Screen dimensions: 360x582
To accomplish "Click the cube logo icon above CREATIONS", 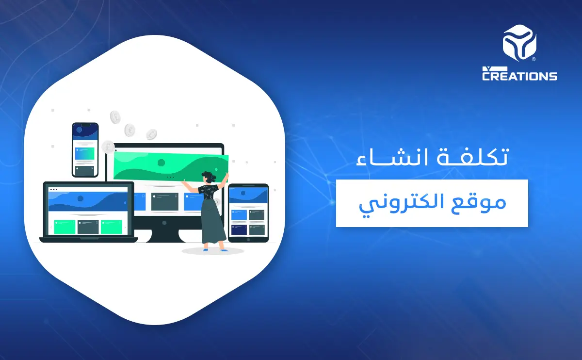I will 519,45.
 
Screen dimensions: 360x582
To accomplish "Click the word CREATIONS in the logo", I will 519,76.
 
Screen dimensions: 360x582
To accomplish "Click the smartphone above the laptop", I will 85,149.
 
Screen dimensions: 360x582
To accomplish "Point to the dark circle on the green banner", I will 161,163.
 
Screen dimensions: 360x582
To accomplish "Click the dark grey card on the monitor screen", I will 164,202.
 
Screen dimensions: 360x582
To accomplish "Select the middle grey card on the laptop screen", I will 87,227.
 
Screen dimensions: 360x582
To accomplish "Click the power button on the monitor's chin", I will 164,223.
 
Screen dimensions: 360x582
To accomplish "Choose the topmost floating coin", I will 115,116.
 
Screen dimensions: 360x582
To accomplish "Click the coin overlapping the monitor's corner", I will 108,147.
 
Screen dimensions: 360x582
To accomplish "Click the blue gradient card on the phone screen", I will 85,153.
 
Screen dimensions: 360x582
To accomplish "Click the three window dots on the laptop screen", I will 53,189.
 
